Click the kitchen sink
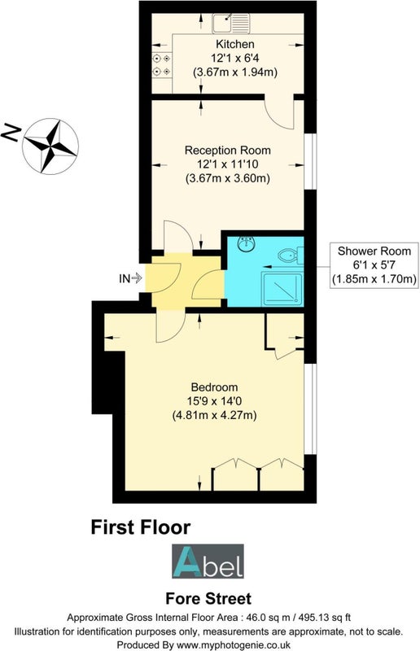point(231,23)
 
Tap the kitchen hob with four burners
point(162,65)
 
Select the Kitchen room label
point(234,44)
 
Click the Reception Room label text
point(228,150)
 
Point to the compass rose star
point(50,146)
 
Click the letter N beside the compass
point(11,133)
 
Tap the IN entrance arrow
point(137,278)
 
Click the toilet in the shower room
point(291,255)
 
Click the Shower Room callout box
point(374,265)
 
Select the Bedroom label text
point(214,387)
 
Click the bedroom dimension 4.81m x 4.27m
point(214,415)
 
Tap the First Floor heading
point(141,527)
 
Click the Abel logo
point(208,561)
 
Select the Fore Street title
point(208,599)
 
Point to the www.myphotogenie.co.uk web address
point(234,644)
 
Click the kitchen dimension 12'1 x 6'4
point(234,58)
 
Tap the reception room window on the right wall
point(310,161)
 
